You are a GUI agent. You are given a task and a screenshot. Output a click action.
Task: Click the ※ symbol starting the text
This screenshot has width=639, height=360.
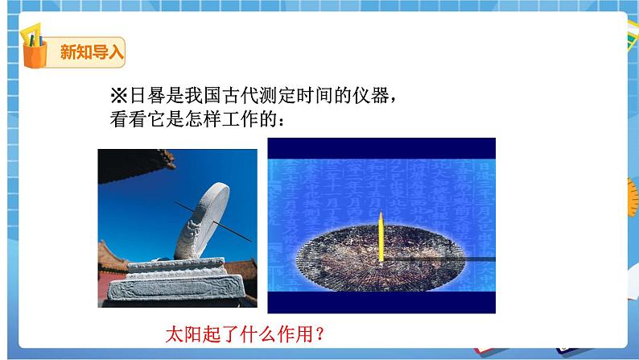(118, 97)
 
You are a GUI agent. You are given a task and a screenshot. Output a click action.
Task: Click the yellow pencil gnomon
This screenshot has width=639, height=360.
(380, 242)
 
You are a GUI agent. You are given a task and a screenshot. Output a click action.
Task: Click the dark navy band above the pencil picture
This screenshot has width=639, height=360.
(381, 147)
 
